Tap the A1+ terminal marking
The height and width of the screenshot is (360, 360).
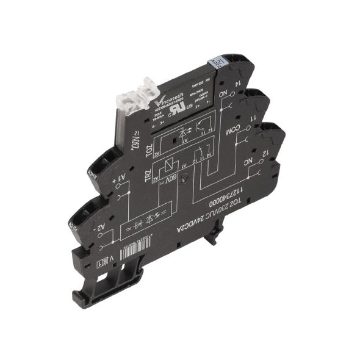[121, 181]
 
